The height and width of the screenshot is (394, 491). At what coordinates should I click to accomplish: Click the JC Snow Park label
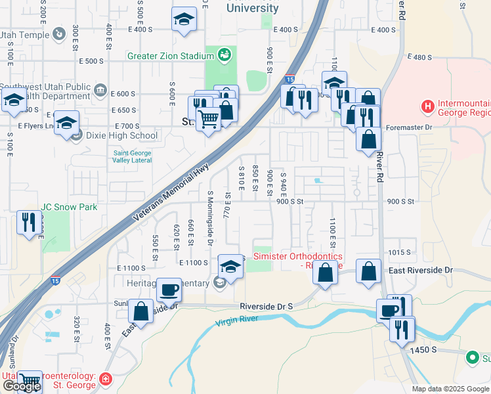tap(69, 207)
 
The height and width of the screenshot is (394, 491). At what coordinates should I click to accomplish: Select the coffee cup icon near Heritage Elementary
tap(169, 289)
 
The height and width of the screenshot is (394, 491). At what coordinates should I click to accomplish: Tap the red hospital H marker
tap(428, 106)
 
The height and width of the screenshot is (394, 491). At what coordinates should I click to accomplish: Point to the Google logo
tap(21, 386)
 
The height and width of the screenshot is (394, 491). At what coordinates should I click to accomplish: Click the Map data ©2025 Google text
tap(450, 389)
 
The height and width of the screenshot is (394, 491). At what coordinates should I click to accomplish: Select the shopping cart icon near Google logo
tap(30, 380)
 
